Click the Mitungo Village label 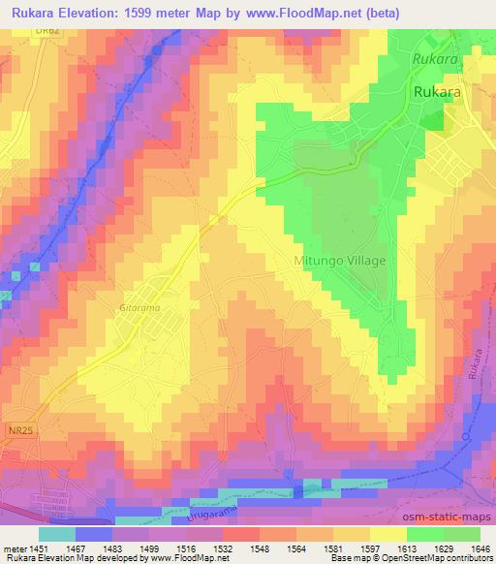pos(339,262)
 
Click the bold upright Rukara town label pos(435,91)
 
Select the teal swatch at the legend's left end pos(56,533)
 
